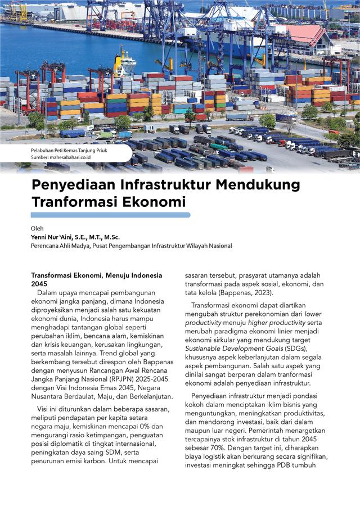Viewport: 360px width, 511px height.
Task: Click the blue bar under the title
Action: tap(110, 215)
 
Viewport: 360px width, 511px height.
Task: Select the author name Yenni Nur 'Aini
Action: tap(53, 237)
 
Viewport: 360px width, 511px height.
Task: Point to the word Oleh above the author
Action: tap(37, 228)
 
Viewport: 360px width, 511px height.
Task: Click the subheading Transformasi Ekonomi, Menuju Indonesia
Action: tap(96, 275)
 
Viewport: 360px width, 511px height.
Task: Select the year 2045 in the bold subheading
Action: tap(40, 284)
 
